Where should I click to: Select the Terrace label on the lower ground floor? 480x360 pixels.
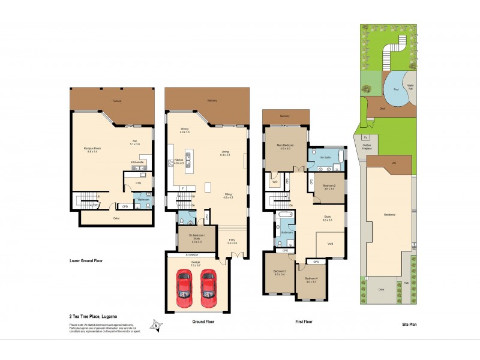click(x=116, y=101)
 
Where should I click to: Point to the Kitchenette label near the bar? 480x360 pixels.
click(x=137, y=161)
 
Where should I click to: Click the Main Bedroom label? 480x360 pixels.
click(x=284, y=146)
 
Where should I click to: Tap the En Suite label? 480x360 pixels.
click(x=326, y=157)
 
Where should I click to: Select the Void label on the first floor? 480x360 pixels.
click(x=330, y=243)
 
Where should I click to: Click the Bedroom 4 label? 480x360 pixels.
click(x=310, y=280)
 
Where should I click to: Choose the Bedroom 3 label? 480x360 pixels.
click(x=280, y=272)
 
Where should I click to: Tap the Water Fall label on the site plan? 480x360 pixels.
click(x=411, y=88)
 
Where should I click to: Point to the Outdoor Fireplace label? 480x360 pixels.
click(x=367, y=146)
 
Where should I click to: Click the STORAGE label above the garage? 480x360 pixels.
click(x=197, y=254)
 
